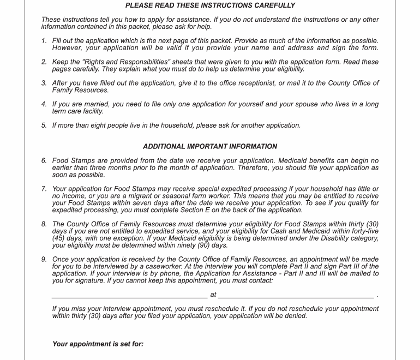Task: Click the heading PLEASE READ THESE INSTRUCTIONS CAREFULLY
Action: pyautogui.click(x=210, y=5)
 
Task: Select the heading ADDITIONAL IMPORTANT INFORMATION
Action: pyautogui.click(x=210, y=146)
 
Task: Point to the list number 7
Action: pyautogui.click(x=44, y=189)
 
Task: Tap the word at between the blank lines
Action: pyautogui.click(x=213, y=295)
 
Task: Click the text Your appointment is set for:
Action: pyautogui.click(x=98, y=344)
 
